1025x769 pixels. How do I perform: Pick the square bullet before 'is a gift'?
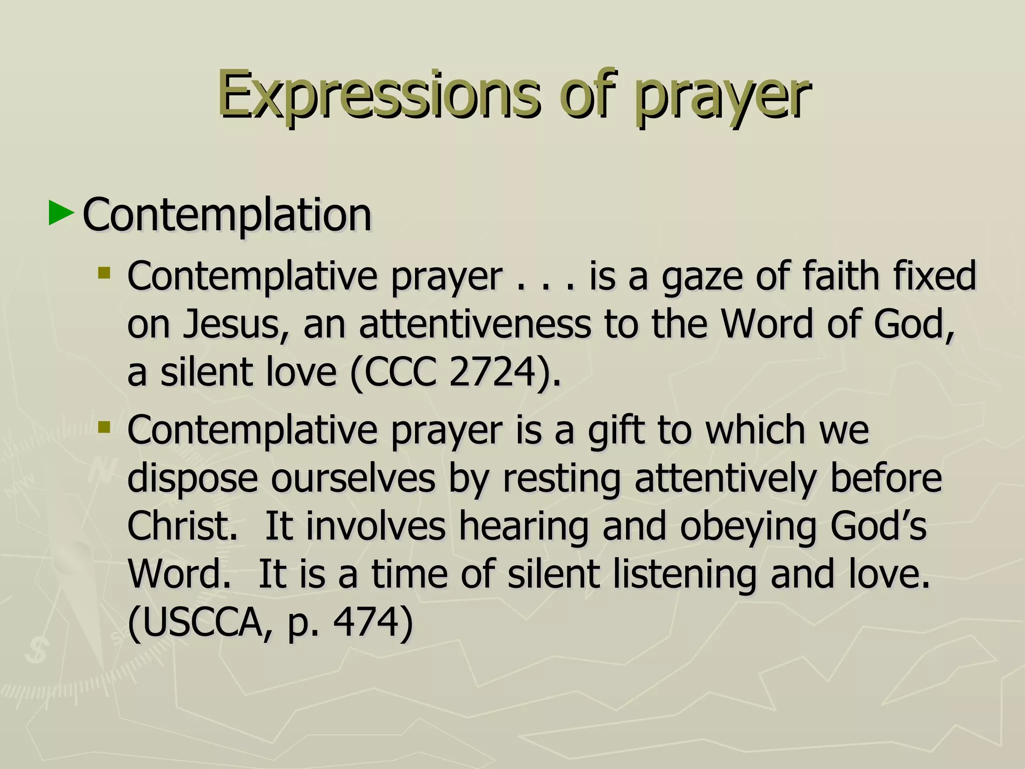(x=104, y=427)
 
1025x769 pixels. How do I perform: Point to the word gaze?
(x=702, y=277)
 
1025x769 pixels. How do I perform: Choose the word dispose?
(x=193, y=479)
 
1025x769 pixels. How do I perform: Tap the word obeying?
(x=748, y=527)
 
